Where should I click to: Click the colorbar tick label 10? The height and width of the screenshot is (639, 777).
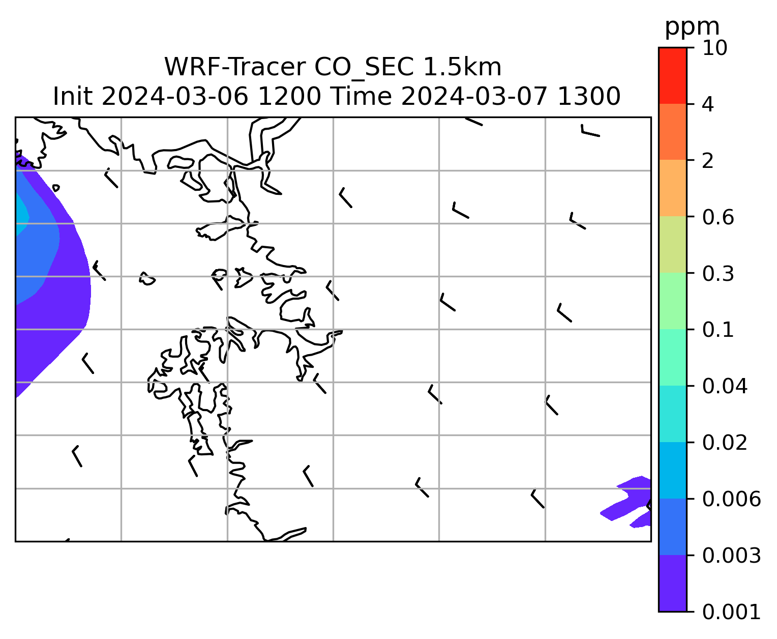tap(715, 48)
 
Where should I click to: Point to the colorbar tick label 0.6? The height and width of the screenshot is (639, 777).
tap(718, 217)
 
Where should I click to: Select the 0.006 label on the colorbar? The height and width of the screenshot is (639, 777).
tap(731, 499)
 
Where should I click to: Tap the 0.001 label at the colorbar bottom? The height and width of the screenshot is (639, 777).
tap(731, 612)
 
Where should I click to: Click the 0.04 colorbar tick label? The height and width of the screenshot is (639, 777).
tap(725, 386)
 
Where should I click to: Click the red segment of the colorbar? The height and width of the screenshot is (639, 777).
tap(672, 75)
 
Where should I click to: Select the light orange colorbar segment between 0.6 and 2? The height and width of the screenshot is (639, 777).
tap(672, 188)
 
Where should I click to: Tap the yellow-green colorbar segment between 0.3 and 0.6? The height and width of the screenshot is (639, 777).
tap(672, 244)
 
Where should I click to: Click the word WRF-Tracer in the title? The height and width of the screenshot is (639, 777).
tap(234, 67)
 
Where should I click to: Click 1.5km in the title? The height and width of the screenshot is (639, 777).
tap(462, 67)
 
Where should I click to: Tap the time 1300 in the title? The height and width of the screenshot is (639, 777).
tap(589, 97)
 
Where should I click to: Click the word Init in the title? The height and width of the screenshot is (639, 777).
tap(73, 97)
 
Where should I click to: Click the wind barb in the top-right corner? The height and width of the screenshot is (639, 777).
tap(590, 131)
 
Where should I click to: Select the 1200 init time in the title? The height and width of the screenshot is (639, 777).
tap(289, 97)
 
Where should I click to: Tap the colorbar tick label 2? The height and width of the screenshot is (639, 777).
tap(708, 161)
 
